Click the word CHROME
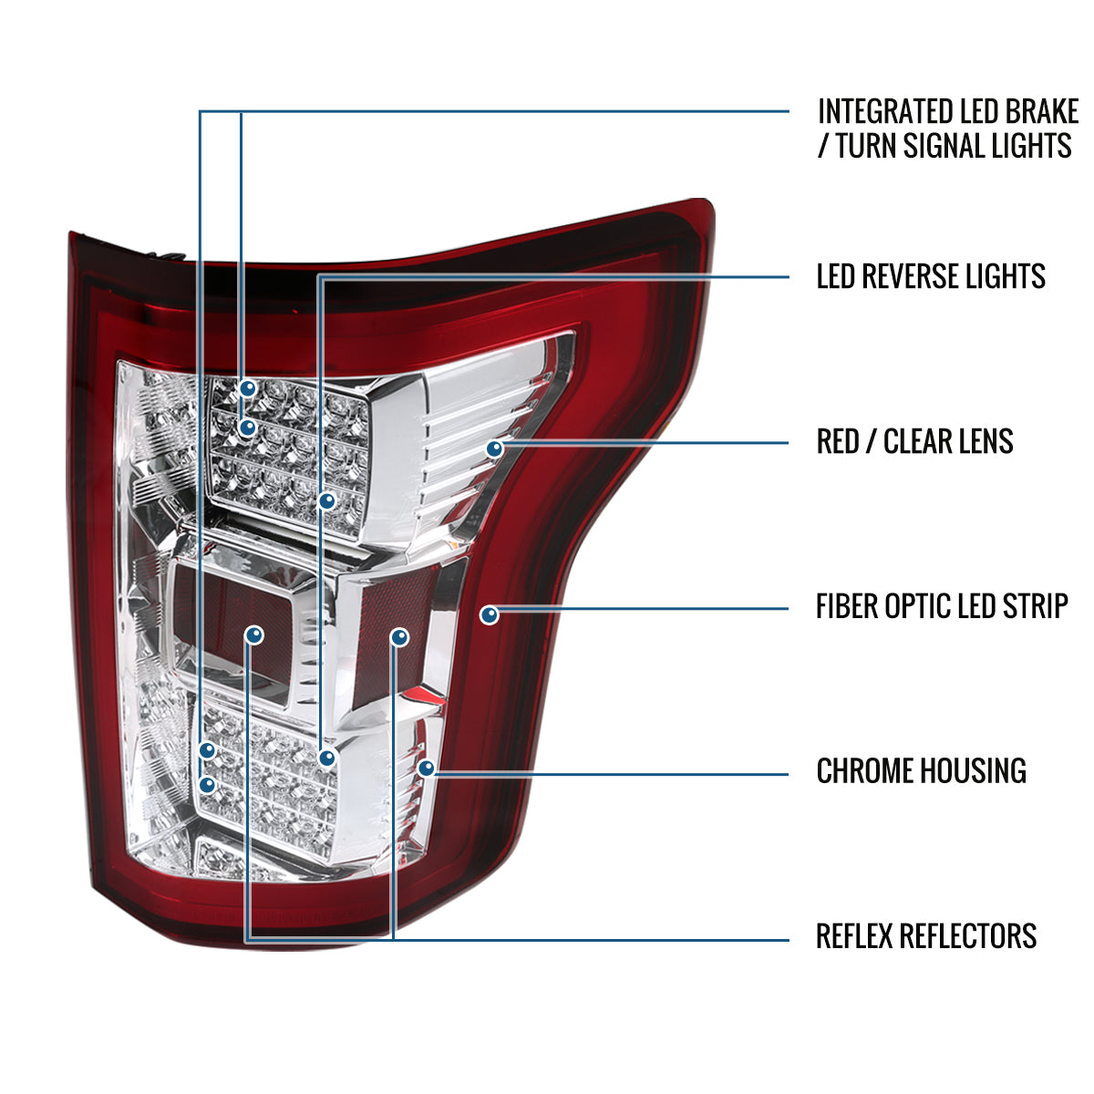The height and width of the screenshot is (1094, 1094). [862, 771]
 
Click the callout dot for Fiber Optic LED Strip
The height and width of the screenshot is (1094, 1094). [490, 615]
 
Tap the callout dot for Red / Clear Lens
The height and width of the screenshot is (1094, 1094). [495, 449]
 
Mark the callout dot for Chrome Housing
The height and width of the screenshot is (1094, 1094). [426, 769]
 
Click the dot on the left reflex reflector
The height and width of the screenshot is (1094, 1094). [254, 635]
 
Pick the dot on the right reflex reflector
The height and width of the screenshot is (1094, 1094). [399, 637]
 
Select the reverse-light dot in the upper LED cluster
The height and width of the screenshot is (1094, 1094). [327, 500]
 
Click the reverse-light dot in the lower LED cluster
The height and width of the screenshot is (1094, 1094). [326, 758]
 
